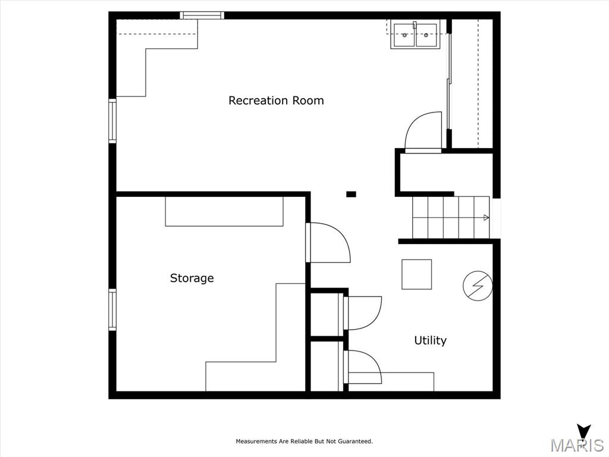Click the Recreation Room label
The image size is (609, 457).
pyautogui.click(x=276, y=100)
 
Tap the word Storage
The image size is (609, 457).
pyautogui.click(x=192, y=278)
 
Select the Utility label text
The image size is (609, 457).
pyautogui.click(x=431, y=340)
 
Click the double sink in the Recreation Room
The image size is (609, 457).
pyautogui.click(x=415, y=35)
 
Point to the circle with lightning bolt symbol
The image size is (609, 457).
pyautogui.click(x=478, y=286)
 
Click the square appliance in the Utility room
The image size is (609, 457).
pyautogui.click(x=416, y=274)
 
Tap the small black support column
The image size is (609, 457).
pyautogui.click(x=351, y=194)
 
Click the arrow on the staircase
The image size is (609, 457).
pyautogui.click(x=486, y=218)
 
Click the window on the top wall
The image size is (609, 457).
pyautogui.click(x=202, y=15)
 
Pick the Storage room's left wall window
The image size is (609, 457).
pyautogui.click(x=112, y=309)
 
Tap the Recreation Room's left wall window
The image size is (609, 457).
pyautogui.click(x=112, y=121)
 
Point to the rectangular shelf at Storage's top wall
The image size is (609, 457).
pyautogui.click(x=224, y=211)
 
